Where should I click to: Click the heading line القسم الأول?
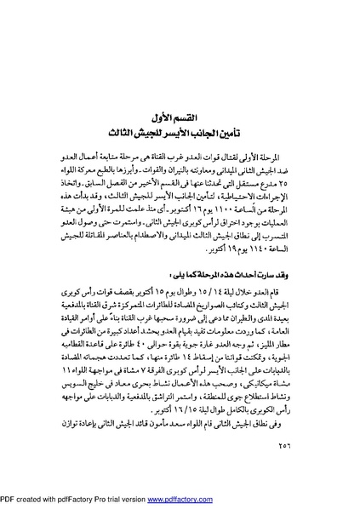pyautogui.click(x=179, y=116)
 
